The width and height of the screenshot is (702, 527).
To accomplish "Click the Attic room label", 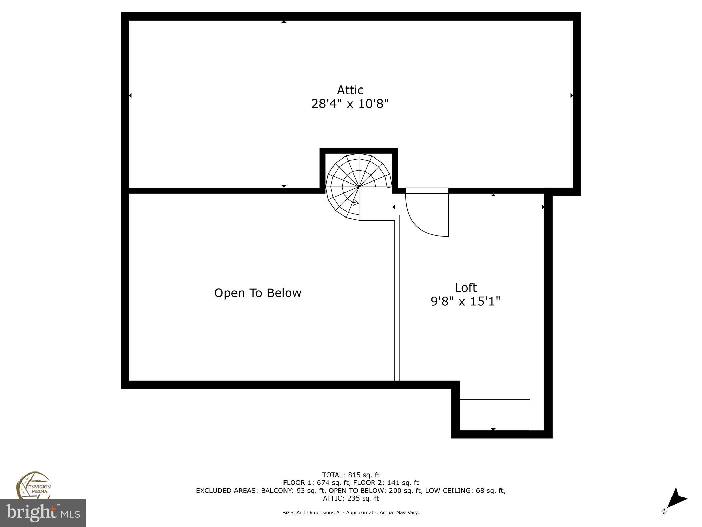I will tap(350, 90).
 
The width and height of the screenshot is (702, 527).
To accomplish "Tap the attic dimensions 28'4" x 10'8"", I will tap(350, 104).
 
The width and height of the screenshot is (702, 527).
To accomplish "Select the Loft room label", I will tap(465, 288).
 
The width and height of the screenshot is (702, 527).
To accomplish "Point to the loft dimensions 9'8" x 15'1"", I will tap(465, 302).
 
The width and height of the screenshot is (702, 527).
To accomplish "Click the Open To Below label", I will tap(257, 293).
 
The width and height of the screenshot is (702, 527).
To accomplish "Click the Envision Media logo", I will tap(33, 485).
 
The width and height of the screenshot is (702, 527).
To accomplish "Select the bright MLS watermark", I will tap(43, 513).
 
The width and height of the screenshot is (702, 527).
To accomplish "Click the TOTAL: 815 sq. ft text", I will tap(351, 475).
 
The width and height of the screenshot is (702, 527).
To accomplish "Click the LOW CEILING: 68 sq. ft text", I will tap(465, 491).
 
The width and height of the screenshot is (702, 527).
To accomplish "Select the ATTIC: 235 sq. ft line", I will tap(351, 499).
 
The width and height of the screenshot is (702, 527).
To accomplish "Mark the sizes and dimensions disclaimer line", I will tap(351, 513).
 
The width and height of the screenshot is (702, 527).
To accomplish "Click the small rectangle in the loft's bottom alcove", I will tap(494, 414).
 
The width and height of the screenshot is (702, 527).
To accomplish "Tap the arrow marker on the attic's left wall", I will tap(130, 95).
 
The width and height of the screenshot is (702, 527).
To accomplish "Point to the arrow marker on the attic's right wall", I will tap(571, 95).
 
